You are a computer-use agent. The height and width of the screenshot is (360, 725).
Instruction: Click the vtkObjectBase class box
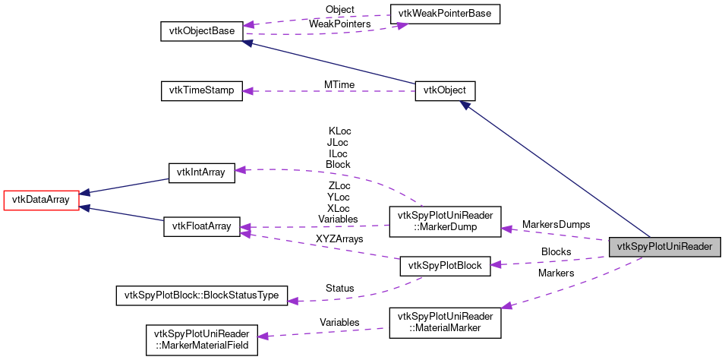[x=202, y=31]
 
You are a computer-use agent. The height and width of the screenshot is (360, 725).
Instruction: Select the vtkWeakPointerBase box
[x=444, y=14]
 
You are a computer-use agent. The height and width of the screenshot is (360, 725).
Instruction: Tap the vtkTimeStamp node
[x=201, y=90]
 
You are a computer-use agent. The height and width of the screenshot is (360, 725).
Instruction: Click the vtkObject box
[x=445, y=90]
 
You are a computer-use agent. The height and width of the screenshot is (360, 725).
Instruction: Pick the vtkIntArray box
[x=201, y=172]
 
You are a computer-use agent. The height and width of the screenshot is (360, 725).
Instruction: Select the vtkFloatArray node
[x=201, y=226]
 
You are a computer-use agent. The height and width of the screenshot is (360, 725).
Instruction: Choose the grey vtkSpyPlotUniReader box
[x=664, y=246]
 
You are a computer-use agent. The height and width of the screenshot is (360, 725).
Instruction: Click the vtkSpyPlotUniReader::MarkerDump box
[x=444, y=220]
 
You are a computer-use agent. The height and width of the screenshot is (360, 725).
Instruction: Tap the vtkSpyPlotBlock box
[x=445, y=265]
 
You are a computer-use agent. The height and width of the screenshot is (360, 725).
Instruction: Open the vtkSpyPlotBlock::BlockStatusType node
[x=201, y=295]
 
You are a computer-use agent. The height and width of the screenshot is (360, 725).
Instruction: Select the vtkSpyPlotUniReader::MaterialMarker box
[x=444, y=322]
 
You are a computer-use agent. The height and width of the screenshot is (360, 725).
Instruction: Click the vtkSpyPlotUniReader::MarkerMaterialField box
[x=201, y=339]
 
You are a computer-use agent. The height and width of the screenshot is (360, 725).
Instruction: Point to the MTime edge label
[x=339, y=84]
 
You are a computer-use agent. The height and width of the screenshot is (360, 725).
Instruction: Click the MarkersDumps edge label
[x=556, y=225]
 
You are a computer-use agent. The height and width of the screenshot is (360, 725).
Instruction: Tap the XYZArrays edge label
[x=339, y=239]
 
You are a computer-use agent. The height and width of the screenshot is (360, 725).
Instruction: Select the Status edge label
[x=339, y=289]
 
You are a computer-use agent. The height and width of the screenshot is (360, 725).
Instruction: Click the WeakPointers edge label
[x=339, y=24]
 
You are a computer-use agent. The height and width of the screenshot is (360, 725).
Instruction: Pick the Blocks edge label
[x=556, y=251]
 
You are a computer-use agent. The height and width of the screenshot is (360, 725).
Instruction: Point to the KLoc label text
[x=339, y=131]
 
